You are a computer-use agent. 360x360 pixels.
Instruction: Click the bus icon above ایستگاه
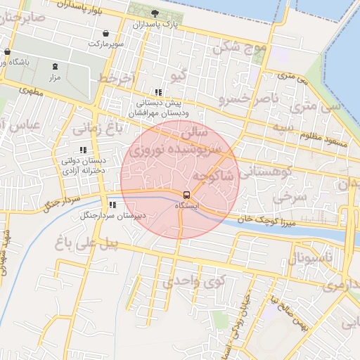click(x=186, y=195)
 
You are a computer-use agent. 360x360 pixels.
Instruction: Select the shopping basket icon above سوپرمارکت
click(x=105, y=33)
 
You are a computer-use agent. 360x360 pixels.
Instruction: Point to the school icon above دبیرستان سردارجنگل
click(x=112, y=205)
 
